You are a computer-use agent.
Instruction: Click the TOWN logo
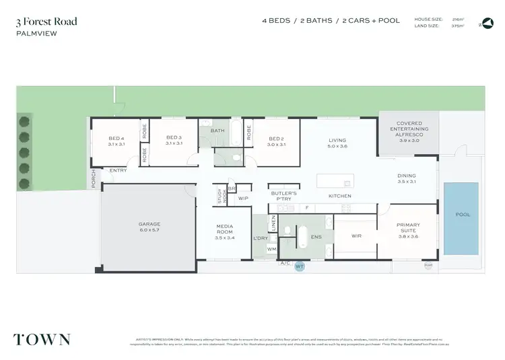click(x=42, y=338)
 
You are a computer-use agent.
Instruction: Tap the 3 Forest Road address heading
click(x=47, y=22)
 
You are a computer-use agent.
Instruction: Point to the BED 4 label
click(x=116, y=140)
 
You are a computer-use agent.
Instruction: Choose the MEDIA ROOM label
click(x=224, y=232)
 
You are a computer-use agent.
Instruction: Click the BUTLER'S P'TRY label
click(x=285, y=196)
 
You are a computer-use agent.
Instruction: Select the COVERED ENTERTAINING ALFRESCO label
click(x=408, y=132)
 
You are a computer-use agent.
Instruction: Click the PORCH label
click(x=94, y=179)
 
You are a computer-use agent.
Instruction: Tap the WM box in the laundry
click(x=271, y=250)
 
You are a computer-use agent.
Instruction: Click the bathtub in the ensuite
click(x=303, y=238)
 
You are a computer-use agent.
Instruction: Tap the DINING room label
click(x=407, y=178)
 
